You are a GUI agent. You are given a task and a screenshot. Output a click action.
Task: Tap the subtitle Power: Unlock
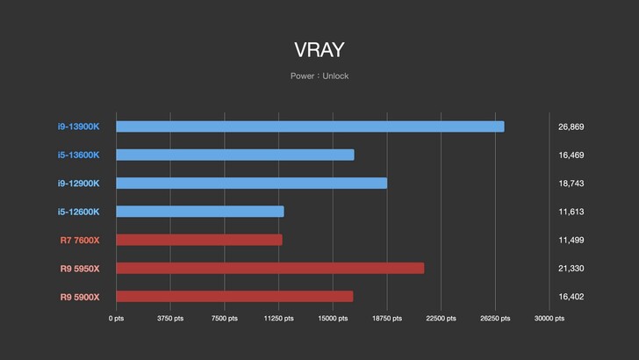tap(319, 76)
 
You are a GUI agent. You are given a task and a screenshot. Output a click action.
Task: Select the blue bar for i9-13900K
tap(310, 126)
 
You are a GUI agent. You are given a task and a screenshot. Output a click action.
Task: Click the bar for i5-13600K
tap(235, 155)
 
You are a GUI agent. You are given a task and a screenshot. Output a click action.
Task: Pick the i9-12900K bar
tap(251, 184)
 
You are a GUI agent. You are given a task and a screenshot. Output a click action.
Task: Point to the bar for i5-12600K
tap(200, 212)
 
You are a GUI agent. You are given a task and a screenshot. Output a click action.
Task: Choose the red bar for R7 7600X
tap(199, 240)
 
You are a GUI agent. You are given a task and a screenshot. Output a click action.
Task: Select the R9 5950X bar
tap(270, 268)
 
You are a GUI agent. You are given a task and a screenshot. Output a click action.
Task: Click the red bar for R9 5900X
tap(234, 297)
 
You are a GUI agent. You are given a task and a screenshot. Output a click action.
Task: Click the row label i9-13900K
tap(79, 126)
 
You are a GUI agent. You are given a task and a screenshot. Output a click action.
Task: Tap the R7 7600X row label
tap(80, 240)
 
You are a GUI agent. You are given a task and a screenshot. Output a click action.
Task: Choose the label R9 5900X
tap(80, 297)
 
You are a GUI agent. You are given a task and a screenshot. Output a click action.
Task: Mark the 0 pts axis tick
tap(116, 319)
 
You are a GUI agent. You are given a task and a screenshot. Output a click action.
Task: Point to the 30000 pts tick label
tap(549, 319)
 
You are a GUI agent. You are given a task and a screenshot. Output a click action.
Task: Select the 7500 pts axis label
tap(224, 319)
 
